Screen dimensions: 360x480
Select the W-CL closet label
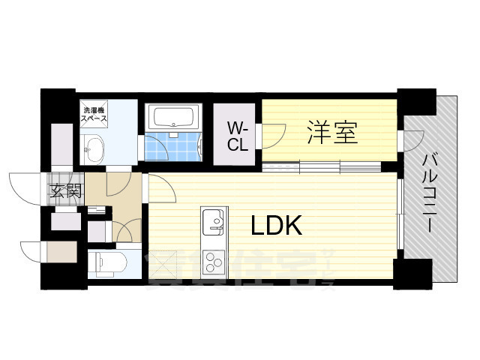click(238, 136)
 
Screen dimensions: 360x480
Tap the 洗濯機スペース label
click(94, 115)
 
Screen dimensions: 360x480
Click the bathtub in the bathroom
click(173, 118)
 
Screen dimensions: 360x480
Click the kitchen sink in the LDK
click(212, 220)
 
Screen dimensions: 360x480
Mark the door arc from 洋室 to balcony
click(415, 140)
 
